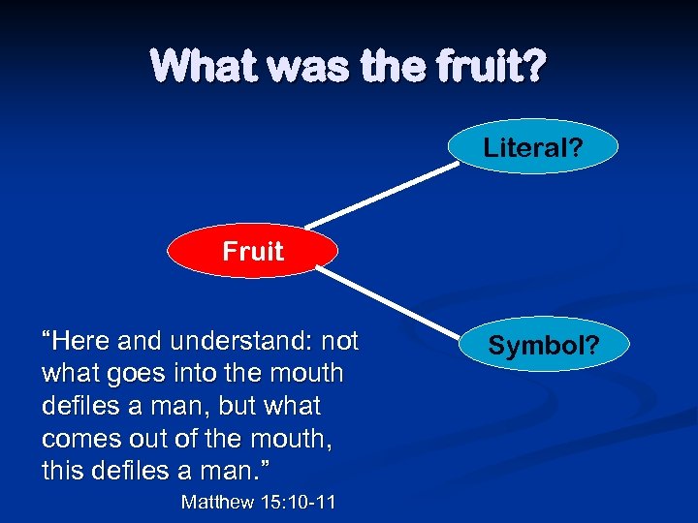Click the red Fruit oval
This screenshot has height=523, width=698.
(x=252, y=252)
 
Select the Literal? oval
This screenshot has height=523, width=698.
(x=532, y=147)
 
